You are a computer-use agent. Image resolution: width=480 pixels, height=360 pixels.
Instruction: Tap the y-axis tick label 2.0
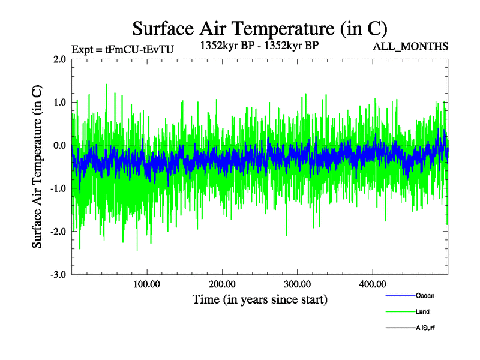click(59, 59)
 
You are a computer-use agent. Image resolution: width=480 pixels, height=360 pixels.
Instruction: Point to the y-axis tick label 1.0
click(59, 103)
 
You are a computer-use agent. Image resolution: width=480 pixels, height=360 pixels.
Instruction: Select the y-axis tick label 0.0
click(59, 146)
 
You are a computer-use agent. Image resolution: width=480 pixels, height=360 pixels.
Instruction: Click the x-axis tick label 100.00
click(147, 284)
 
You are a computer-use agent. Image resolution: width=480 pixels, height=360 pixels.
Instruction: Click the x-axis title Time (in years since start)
click(260, 299)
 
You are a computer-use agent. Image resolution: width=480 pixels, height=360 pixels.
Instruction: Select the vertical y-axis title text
click(37, 167)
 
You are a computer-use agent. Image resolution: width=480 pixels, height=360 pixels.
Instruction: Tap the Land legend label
click(422, 312)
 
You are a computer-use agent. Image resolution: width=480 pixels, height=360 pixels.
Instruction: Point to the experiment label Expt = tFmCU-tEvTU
click(122, 50)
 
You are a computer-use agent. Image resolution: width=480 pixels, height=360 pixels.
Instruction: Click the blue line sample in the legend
click(400, 295)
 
